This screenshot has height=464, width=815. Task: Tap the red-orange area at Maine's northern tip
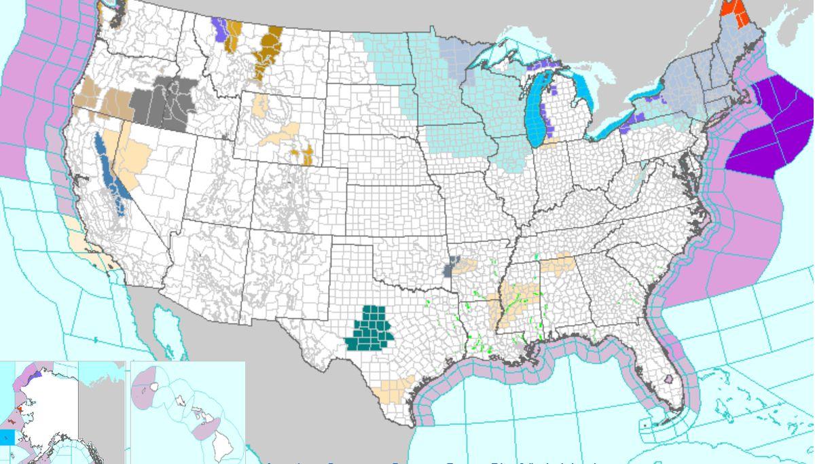point(733,10)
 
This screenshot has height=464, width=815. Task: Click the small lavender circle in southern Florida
point(668,379)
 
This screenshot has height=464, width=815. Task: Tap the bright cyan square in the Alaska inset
point(7,437)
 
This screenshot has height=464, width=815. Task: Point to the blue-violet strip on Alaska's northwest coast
point(39,373)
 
